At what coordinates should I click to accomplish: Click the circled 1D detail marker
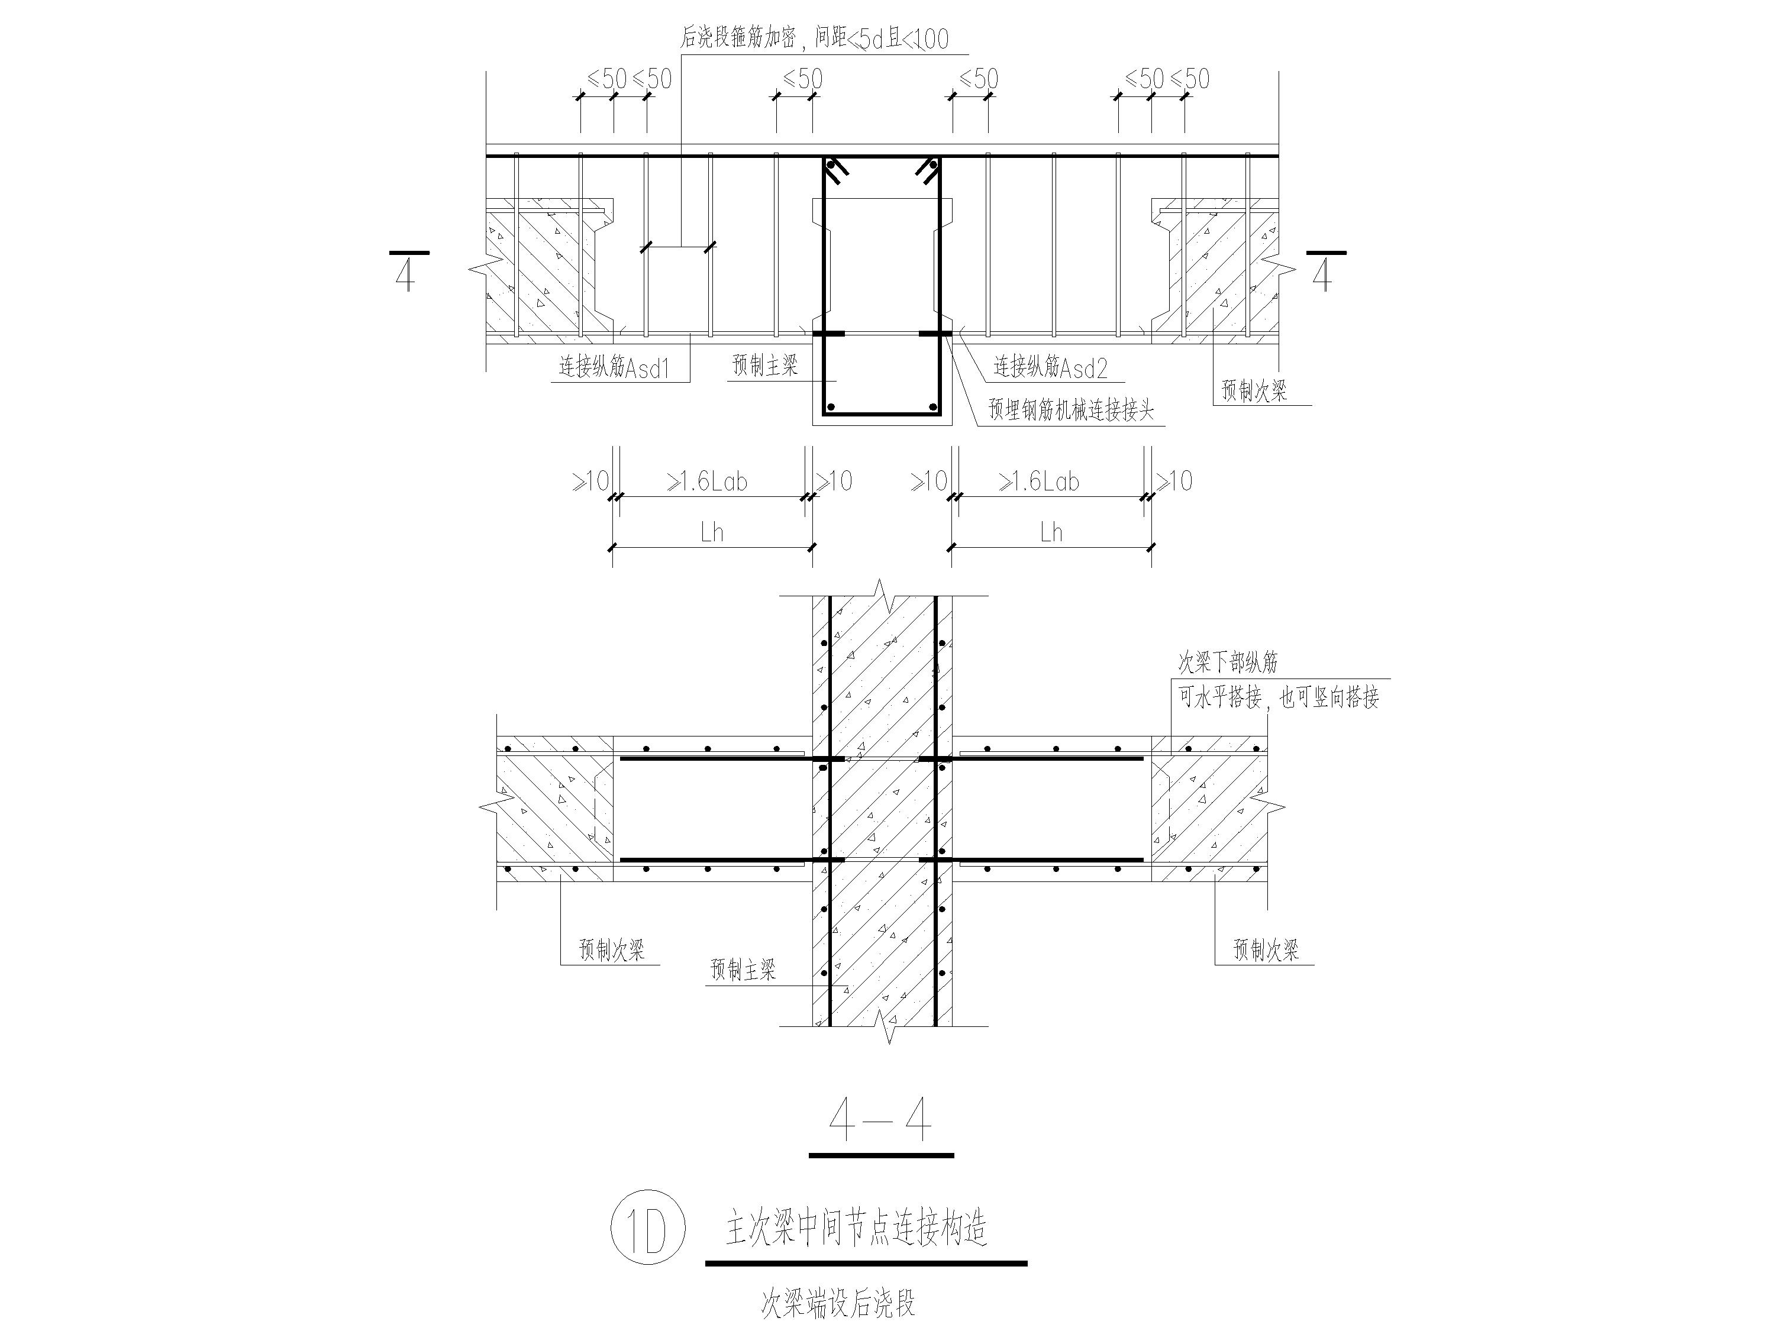[647, 1227]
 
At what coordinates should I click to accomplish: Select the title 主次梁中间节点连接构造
[856, 1228]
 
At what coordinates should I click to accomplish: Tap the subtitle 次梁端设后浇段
[838, 1304]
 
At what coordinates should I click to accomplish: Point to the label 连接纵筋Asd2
[1050, 367]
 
